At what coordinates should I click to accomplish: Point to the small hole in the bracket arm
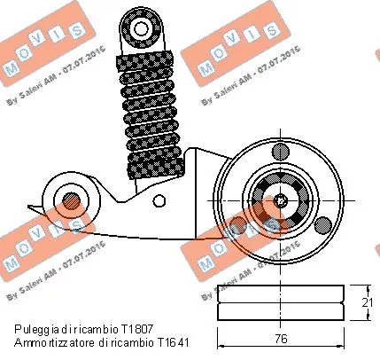[161, 200]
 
